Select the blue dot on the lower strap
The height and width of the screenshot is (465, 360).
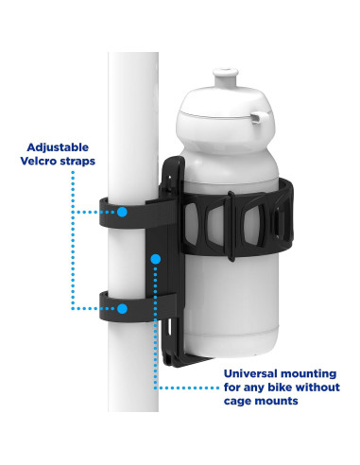tap(121, 308)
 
